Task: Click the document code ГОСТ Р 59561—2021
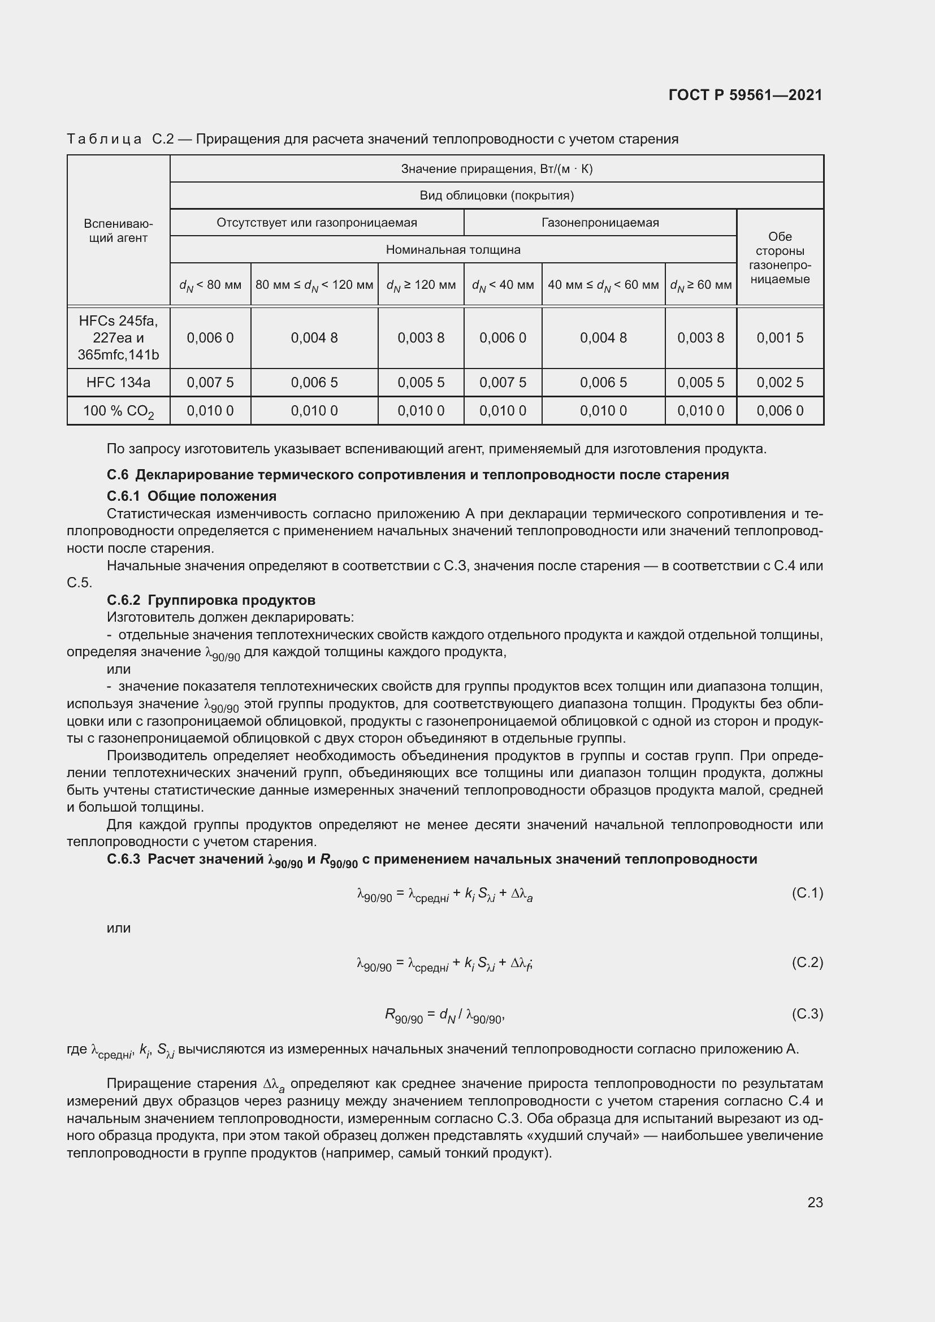click(x=745, y=95)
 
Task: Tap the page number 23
click(x=815, y=1202)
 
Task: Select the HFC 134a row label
click(x=118, y=382)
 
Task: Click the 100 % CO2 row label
click(x=118, y=411)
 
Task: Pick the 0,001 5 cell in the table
click(x=780, y=338)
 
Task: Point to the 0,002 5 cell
click(x=780, y=382)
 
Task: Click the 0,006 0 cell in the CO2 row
click(x=780, y=410)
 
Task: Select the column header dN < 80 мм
click(x=210, y=285)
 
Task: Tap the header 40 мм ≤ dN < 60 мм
click(x=603, y=285)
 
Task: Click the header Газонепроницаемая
click(x=600, y=223)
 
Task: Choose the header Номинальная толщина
click(x=453, y=250)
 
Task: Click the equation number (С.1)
click(x=807, y=893)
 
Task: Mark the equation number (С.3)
click(x=807, y=1014)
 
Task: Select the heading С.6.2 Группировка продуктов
click(x=211, y=600)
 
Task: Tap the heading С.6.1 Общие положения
click(x=191, y=496)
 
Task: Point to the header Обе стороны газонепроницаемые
click(x=780, y=258)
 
